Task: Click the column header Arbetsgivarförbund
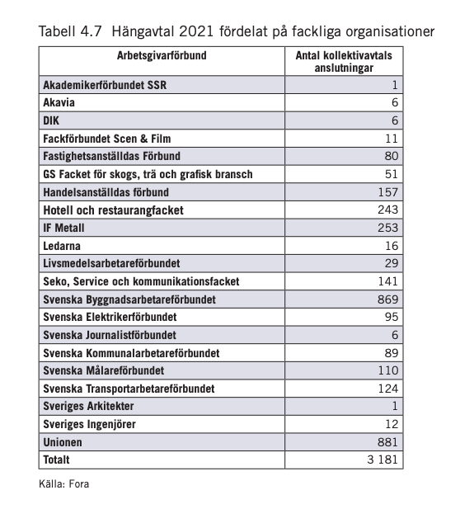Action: [x=161, y=56]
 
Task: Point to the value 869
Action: [x=388, y=299]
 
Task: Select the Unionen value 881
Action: [x=388, y=442]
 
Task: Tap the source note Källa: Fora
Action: [x=63, y=483]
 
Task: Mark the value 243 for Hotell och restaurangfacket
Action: [x=388, y=210]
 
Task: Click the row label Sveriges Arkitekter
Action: [x=88, y=407]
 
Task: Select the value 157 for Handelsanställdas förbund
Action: [x=388, y=191]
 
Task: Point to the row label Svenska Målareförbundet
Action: [x=103, y=370]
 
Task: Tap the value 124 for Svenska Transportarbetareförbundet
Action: [x=388, y=388]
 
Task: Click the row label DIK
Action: [x=52, y=120]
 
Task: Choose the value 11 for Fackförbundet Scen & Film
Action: [x=392, y=138]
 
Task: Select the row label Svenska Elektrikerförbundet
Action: [x=110, y=317]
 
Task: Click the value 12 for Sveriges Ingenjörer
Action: [x=392, y=424]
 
